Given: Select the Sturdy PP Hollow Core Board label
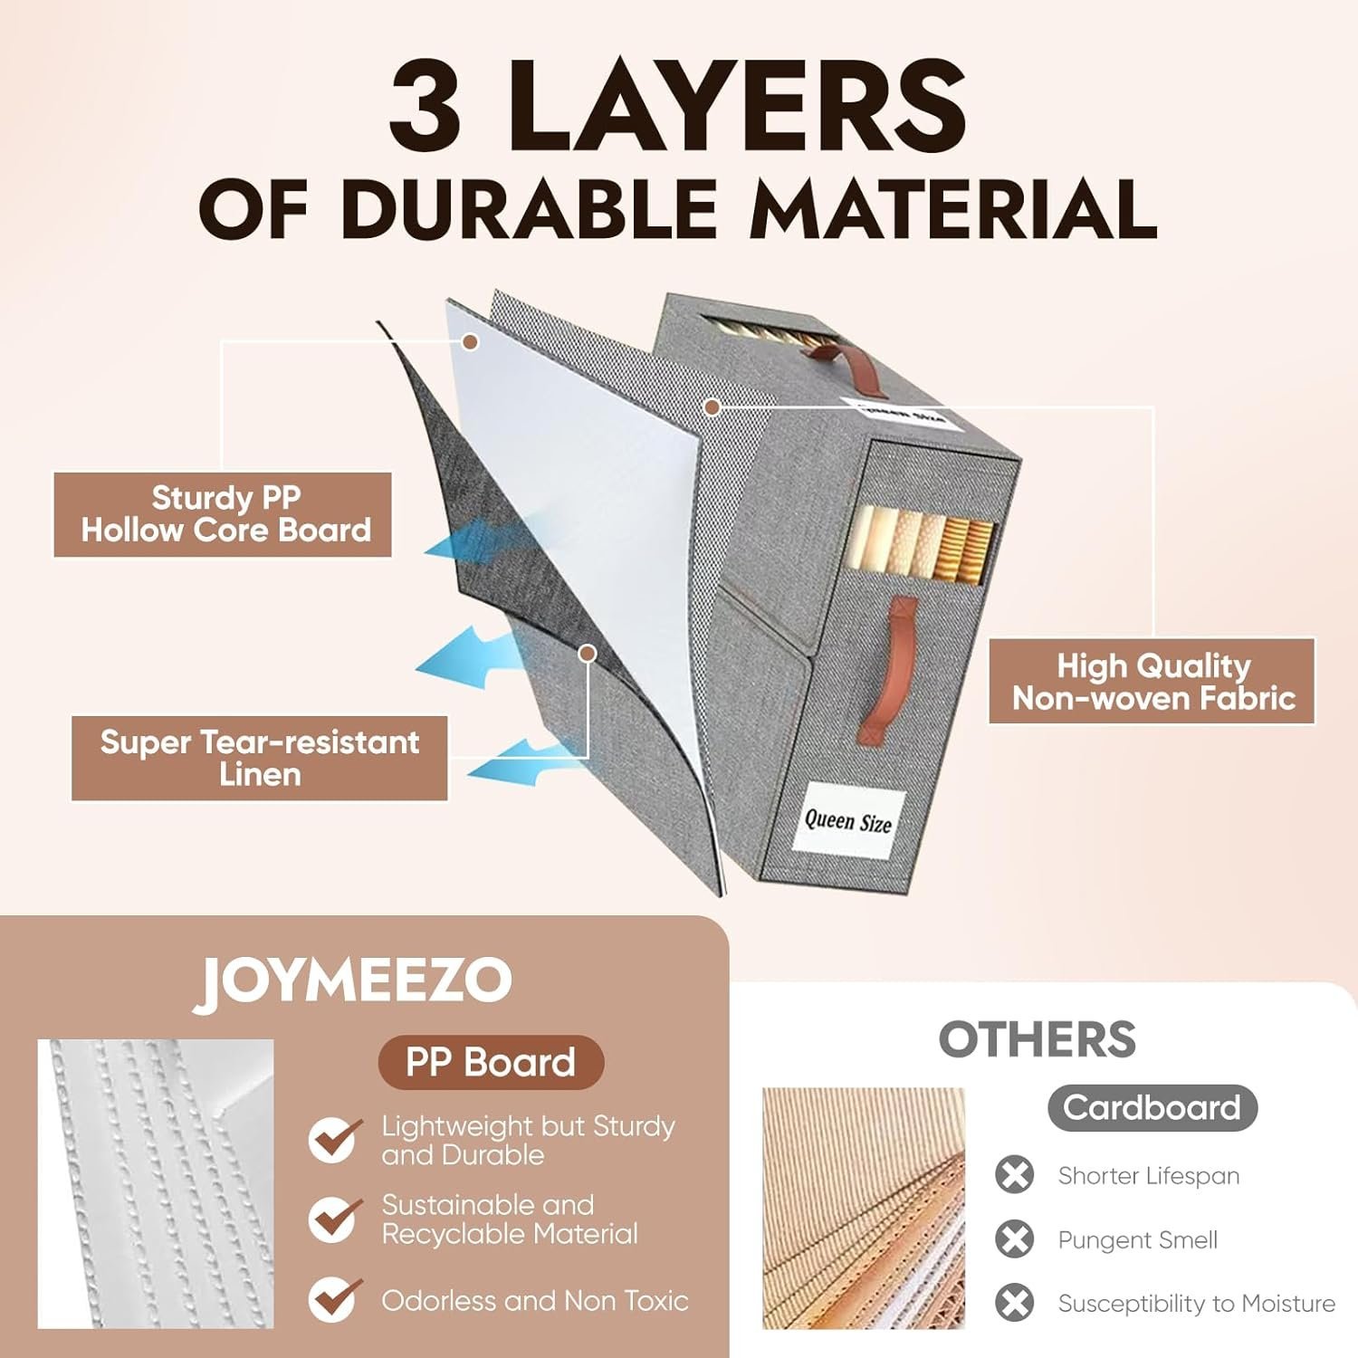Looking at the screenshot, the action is tap(223, 514).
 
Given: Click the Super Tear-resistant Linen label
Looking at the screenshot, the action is tap(260, 759).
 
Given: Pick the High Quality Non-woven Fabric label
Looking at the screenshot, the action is tap(1152, 682).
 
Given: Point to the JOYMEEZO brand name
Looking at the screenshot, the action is tap(353, 981).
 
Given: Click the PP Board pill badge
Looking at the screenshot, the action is tap(491, 1062).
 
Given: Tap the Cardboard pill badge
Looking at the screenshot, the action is tap(1152, 1107).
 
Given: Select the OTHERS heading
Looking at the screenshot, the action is tap(1038, 1039).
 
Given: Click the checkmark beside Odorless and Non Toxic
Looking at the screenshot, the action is tap(335, 1299).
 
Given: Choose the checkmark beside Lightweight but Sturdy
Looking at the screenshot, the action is tap(335, 1139).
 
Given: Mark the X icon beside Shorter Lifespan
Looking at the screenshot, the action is tap(1015, 1175).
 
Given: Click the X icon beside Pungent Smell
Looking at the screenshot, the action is tap(1015, 1239).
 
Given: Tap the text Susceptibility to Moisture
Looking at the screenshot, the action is tap(1197, 1304).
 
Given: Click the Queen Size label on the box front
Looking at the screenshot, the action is tap(848, 820).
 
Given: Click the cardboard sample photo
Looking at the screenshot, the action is tap(864, 1209).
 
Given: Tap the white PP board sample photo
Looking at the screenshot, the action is tap(156, 1184).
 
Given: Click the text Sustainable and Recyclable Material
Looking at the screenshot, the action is tap(510, 1219).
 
